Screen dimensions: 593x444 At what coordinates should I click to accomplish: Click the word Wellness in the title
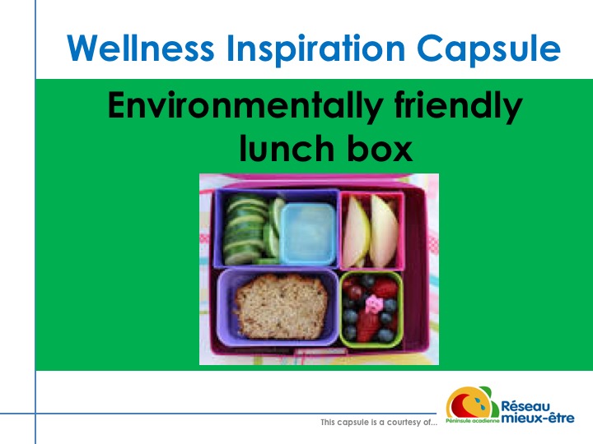click(x=141, y=48)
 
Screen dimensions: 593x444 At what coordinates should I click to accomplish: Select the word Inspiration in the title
click(x=315, y=50)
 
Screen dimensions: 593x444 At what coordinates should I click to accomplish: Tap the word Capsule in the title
click(x=488, y=50)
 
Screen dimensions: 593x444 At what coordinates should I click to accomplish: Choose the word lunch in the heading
click(x=287, y=148)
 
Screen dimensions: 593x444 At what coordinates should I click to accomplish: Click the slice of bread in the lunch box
click(x=281, y=306)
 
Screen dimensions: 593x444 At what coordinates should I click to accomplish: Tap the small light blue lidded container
click(x=307, y=234)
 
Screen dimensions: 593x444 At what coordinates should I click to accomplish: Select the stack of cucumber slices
click(x=245, y=229)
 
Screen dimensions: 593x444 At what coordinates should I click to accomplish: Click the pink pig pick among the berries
click(x=374, y=304)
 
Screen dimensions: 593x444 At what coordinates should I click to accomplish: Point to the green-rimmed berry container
click(x=371, y=309)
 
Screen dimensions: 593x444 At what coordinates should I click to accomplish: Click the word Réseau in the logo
click(x=525, y=406)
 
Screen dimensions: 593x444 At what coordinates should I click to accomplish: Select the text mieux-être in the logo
click(x=537, y=418)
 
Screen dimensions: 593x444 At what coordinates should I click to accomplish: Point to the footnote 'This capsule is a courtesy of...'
click(x=379, y=422)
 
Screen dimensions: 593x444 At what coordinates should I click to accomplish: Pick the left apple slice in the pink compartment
click(x=355, y=232)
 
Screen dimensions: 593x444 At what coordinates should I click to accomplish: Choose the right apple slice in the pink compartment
click(x=383, y=231)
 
